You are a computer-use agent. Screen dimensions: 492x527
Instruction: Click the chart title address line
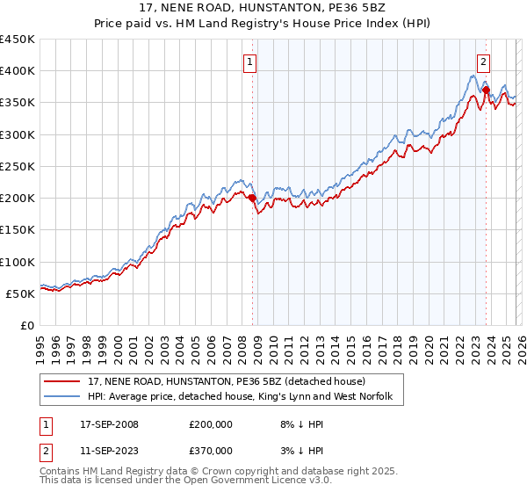263,7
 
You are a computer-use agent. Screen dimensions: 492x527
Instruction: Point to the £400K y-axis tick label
18,71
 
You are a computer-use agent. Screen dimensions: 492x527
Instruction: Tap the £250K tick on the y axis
18,166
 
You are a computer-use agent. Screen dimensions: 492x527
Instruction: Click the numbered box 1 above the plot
250,61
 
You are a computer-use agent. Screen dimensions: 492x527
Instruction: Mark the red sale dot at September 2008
252,199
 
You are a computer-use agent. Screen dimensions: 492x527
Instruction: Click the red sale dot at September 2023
486,90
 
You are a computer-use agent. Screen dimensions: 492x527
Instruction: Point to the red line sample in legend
64,383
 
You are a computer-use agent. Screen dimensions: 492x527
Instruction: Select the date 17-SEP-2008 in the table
106,424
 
